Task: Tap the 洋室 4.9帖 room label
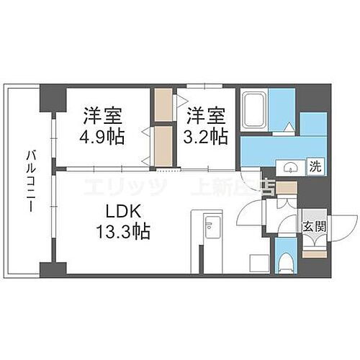pos(102,125)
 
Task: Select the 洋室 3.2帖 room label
pos(208,125)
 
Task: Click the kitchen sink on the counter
pos(212,230)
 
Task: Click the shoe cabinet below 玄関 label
pos(315,249)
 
